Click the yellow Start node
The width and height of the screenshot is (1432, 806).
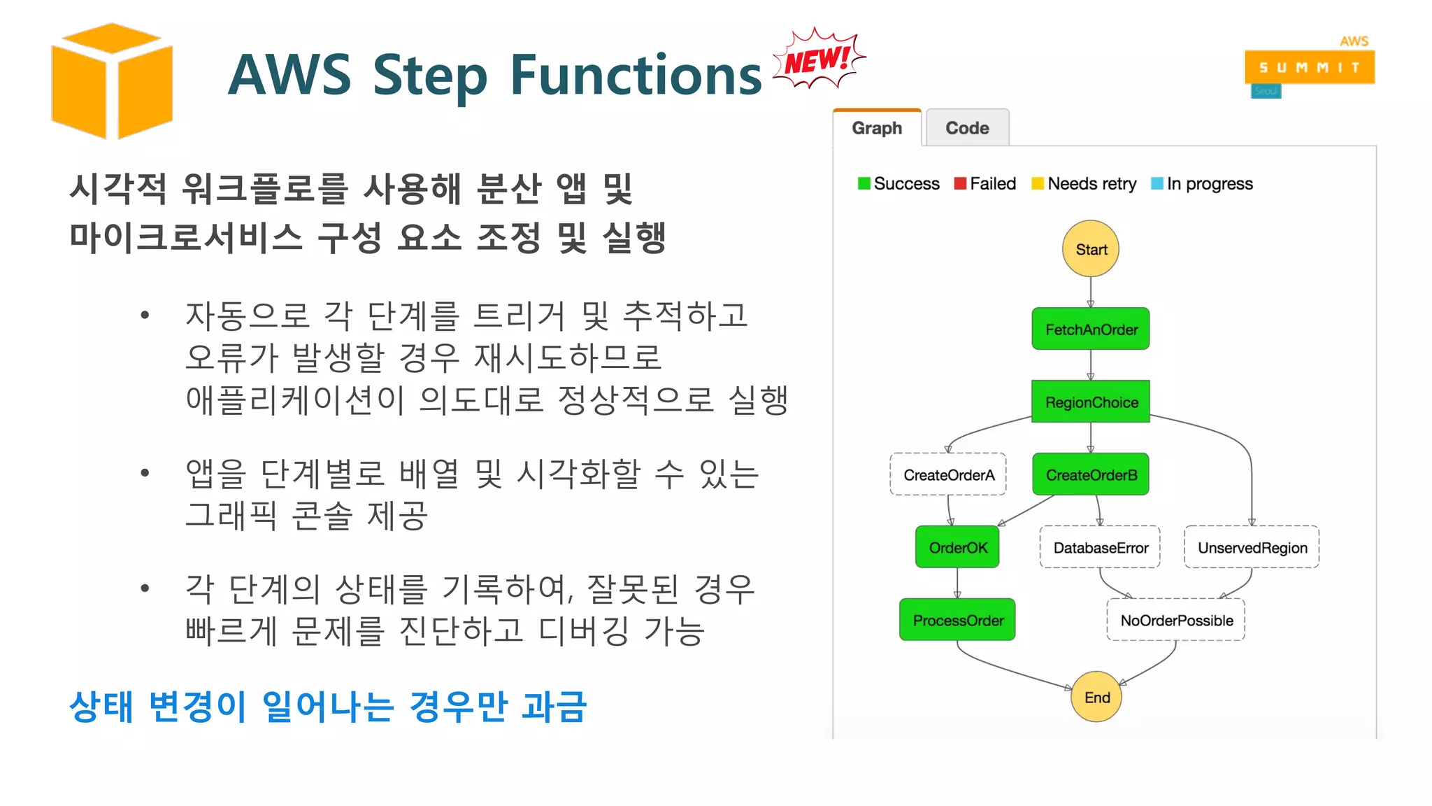pyautogui.click(x=1090, y=249)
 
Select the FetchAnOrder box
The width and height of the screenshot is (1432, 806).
pyautogui.click(x=1091, y=329)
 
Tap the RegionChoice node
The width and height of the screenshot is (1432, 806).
pyautogui.click(x=1091, y=402)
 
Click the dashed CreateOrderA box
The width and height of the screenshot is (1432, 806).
pyautogui.click(x=948, y=474)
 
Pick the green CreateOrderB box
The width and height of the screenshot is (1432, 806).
pyautogui.click(x=1091, y=474)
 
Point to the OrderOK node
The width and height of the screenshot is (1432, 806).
pyautogui.click(x=957, y=547)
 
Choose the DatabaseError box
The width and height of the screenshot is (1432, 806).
pyautogui.click(x=1100, y=547)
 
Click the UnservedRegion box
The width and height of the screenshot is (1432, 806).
pyautogui.click(x=1252, y=547)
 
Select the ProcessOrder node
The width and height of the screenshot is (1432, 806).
pyautogui.click(x=957, y=620)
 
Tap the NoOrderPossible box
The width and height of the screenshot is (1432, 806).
pyautogui.click(x=1176, y=620)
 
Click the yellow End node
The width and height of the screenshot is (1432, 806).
pyautogui.click(x=1096, y=697)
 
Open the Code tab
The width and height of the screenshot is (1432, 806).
pyautogui.click(x=967, y=128)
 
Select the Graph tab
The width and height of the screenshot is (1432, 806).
pyautogui.click(x=877, y=128)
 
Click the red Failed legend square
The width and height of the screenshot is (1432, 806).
pyautogui.click(x=960, y=183)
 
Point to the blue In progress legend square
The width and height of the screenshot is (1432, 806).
pyautogui.click(x=1157, y=183)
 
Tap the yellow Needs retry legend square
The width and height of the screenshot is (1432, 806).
pyautogui.click(x=1038, y=183)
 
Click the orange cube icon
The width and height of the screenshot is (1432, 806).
pyautogui.click(x=112, y=80)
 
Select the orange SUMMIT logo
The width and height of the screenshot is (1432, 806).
pyautogui.click(x=1309, y=67)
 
